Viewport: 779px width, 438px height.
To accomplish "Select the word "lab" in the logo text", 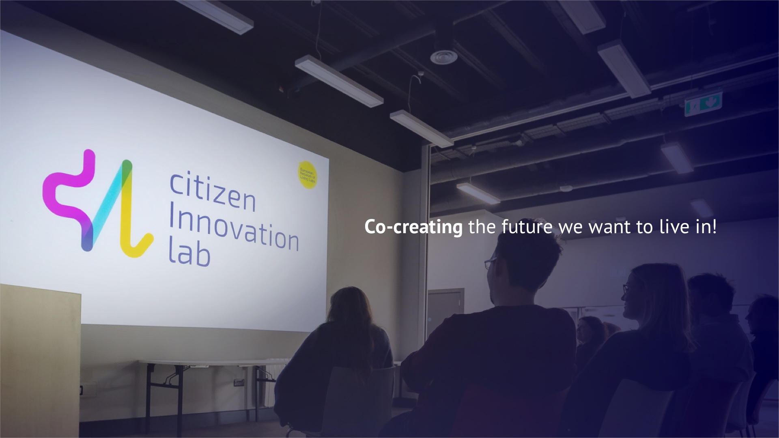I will pyautogui.click(x=189, y=255).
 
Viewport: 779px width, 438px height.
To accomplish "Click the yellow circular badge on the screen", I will pyautogui.click(x=308, y=175).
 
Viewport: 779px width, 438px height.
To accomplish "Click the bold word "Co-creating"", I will pyautogui.click(x=413, y=227).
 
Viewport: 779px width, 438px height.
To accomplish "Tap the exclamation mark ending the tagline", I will pyautogui.click(x=714, y=227).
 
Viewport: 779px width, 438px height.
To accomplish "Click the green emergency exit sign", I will pyautogui.click(x=703, y=103).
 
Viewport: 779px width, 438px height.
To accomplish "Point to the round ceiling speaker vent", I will pyautogui.click(x=443, y=56).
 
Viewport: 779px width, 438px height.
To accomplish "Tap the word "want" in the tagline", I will pyautogui.click(x=610, y=227).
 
